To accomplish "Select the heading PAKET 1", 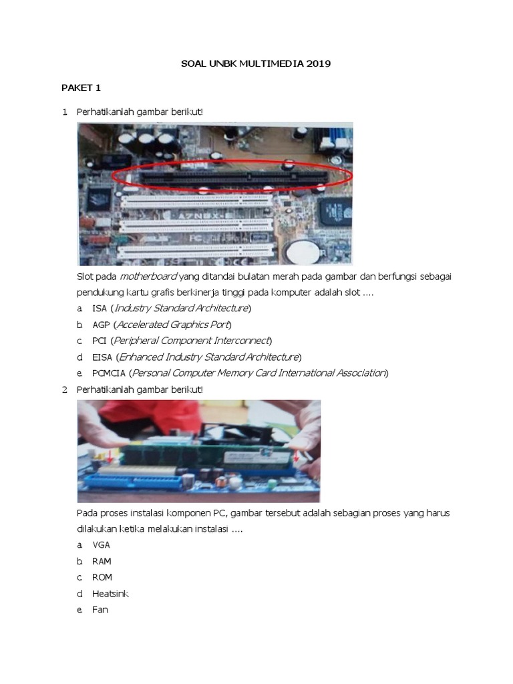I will click(x=81, y=88).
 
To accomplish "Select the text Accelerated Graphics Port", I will click(x=172, y=325).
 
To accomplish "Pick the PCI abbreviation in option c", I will click(x=100, y=341).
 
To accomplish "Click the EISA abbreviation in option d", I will click(x=103, y=357).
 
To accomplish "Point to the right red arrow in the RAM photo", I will click(x=295, y=456).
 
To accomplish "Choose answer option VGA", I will click(x=102, y=545).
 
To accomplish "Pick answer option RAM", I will click(x=102, y=561).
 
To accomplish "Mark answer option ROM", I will click(x=102, y=577).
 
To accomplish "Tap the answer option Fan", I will click(x=100, y=609).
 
